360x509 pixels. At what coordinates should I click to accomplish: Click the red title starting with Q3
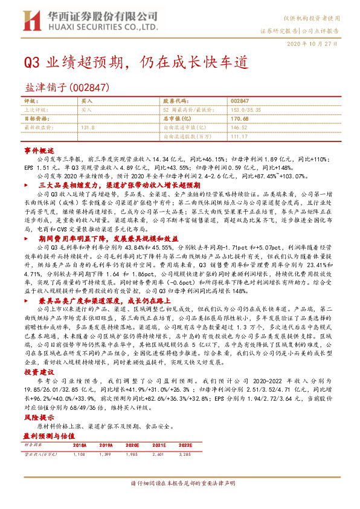coord(132,62)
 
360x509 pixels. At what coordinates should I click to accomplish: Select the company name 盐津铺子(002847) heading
coord(66,88)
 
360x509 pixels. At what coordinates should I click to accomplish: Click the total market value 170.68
coord(240,119)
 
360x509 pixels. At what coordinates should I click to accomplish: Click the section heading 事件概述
coord(39,149)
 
